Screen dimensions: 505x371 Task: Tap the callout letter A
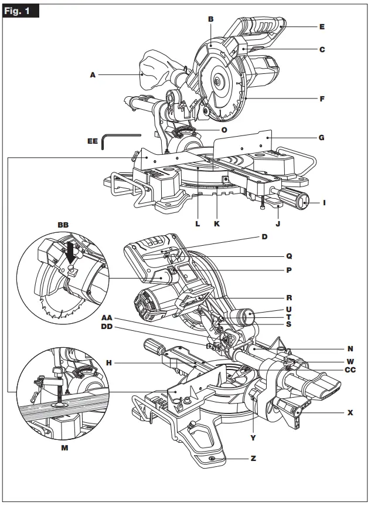pos(93,74)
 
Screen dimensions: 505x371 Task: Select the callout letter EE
pos(93,141)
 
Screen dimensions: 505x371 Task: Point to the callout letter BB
pos(63,225)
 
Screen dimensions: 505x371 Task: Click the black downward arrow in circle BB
pos(73,253)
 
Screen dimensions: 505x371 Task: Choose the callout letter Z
pos(253,458)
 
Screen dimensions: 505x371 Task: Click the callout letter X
pos(350,412)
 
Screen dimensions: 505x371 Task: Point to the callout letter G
pos(321,138)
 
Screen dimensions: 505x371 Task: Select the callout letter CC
pos(350,370)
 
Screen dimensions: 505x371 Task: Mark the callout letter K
pos(217,223)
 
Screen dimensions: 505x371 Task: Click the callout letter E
pos(322,26)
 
